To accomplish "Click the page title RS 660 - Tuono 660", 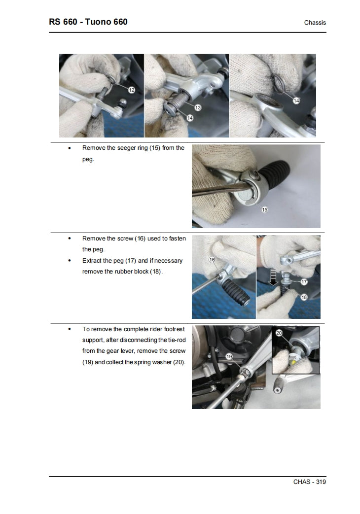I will tap(88, 22).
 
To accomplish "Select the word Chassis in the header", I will tap(315, 23).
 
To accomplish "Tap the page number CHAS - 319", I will tap(310, 482).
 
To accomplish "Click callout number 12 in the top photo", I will tap(131, 90).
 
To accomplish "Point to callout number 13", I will tap(198, 107).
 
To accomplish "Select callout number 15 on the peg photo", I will tap(264, 209).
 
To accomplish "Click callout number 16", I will tap(212, 259).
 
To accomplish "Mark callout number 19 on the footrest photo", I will tap(229, 356).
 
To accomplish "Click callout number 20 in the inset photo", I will tap(279, 333).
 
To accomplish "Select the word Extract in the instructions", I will tap(93, 261).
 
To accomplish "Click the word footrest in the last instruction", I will tap(173, 329).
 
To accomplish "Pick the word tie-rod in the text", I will tap(176, 340).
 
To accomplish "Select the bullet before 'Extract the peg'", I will tap(69, 261).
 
